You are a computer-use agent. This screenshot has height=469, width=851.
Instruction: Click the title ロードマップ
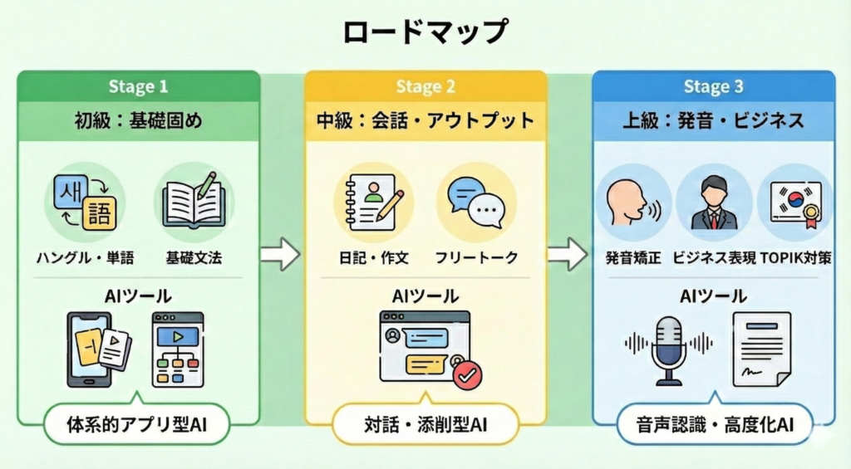[x=425, y=32]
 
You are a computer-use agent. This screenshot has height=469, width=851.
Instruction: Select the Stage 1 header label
[x=138, y=87]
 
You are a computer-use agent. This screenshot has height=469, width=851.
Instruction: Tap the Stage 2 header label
[x=425, y=87]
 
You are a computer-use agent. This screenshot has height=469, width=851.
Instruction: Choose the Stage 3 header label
[x=713, y=87]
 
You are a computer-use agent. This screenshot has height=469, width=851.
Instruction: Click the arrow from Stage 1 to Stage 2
[x=280, y=254]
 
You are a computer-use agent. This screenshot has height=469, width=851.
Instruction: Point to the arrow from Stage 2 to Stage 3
[x=568, y=254]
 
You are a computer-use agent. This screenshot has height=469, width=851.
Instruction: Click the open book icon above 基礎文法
[x=195, y=200]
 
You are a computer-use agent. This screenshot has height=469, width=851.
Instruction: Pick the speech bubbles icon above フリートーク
[x=476, y=200]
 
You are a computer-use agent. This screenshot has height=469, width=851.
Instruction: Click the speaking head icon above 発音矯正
[x=632, y=202]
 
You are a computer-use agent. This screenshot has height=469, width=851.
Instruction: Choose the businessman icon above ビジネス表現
[x=714, y=202]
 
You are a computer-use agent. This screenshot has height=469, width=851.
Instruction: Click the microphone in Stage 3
[x=669, y=348]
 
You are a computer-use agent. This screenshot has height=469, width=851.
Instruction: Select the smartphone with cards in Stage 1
[x=96, y=348]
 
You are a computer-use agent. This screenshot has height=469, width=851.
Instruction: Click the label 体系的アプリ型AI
[x=137, y=425]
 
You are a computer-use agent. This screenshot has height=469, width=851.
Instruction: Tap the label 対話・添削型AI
[x=425, y=425]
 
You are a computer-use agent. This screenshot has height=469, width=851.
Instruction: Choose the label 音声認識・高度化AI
[x=712, y=425]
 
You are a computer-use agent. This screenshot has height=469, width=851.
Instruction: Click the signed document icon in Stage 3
[x=761, y=348]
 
